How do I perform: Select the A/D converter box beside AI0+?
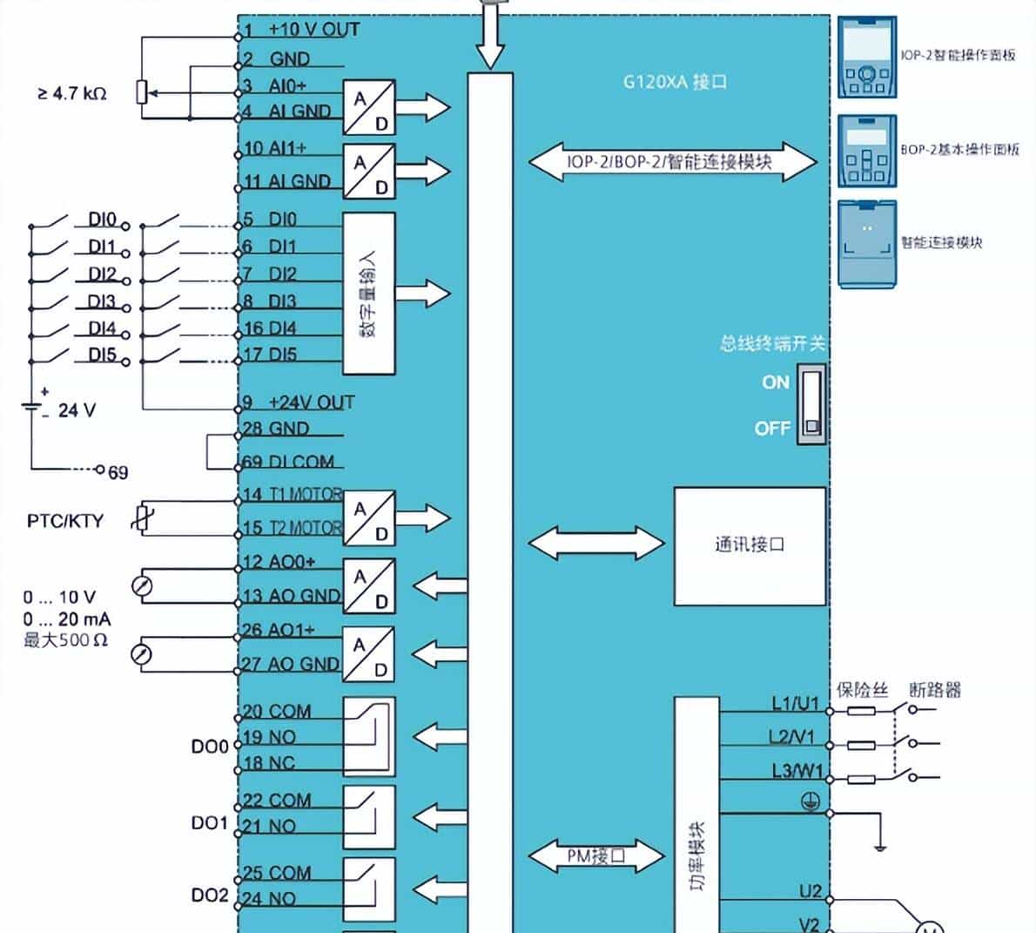point(369,106)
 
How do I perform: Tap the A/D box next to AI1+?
point(369,171)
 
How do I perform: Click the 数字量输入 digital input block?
point(369,294)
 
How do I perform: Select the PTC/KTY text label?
point(64,521)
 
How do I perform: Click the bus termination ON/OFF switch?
point(811,406)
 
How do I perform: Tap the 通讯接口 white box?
point(750,546)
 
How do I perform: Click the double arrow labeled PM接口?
point(596,855)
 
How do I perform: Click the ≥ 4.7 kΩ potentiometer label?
point(72,93)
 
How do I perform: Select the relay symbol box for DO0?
point(369,737)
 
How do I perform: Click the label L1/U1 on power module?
point(795,703)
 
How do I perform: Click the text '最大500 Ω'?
point(66,640)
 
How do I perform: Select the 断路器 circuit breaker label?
point(935,690)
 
